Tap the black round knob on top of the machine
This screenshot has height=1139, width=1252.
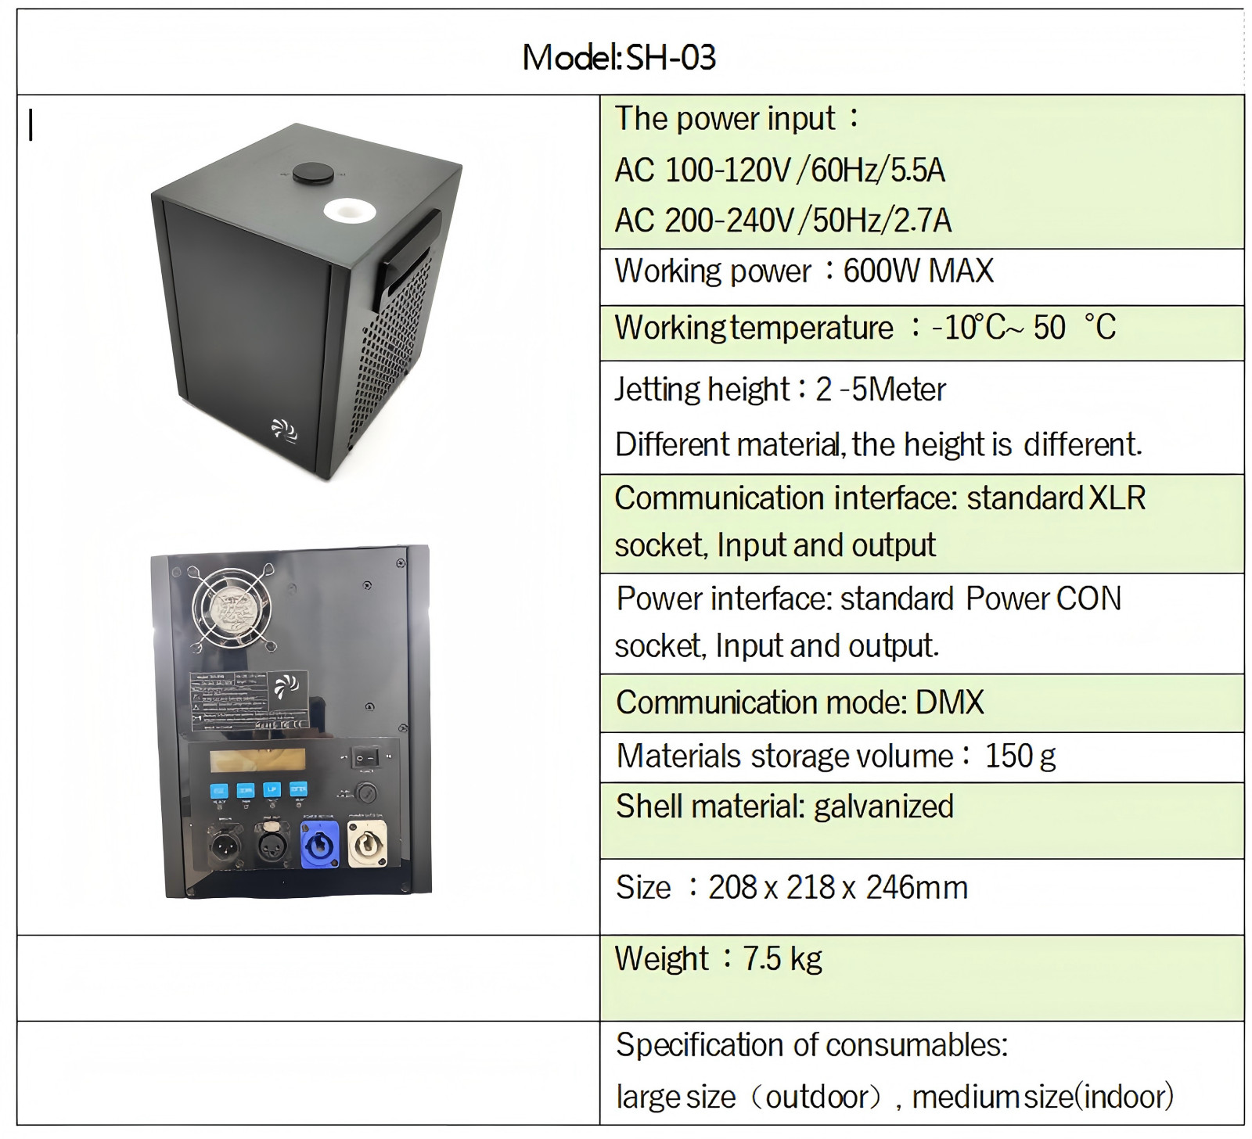click(312, 173)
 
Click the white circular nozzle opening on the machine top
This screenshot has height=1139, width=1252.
click(348, 210)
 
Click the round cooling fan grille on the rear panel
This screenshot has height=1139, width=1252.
click(233, 609)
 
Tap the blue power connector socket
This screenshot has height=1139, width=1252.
click(319, 843)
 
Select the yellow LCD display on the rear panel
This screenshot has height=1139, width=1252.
click(257, 759)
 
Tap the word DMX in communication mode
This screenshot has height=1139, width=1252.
click(949, 702)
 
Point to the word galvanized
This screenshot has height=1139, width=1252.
click(883, 807)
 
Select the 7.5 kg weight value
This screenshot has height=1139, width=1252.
click(782, 958)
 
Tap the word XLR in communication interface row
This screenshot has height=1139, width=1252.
click(1117, 498)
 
